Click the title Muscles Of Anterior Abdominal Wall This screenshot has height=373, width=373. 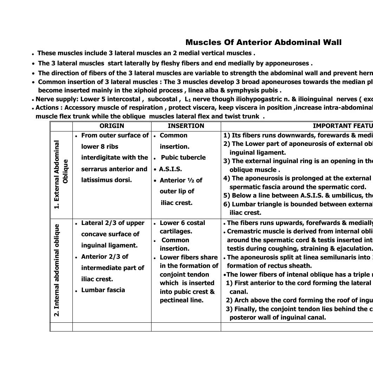click(x=263, y=43)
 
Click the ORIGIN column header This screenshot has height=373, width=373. click(x=112, y=126)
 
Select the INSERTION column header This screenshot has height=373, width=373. click(x=186, y=126)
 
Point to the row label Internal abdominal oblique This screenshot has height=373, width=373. click(x=57, y=270)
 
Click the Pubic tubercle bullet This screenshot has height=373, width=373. click(x=183, y=157)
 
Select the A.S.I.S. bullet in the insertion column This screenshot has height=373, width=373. click(x=170, y=169)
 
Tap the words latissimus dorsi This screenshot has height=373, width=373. click(x=106, y=180)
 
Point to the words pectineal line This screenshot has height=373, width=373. click(x=181, y=300)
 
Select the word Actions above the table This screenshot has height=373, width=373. click(x=48, y=108)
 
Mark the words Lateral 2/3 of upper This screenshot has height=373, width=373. click(x=112, y=223)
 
